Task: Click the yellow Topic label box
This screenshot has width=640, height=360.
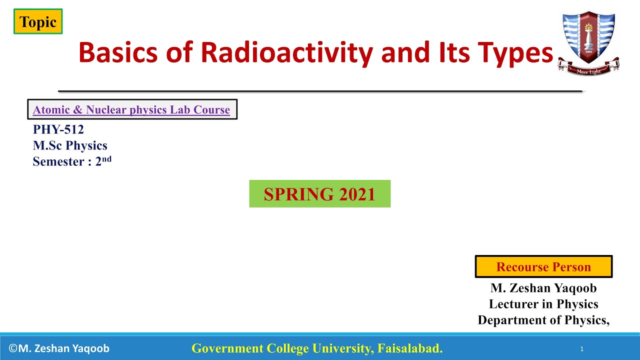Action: tap(38, 22)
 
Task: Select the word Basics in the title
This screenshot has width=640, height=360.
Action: tap(118, 52)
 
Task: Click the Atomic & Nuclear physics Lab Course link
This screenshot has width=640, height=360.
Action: tap(131, 110)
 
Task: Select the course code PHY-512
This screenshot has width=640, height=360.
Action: tap(58, 129)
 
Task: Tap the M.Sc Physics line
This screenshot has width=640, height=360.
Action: tap(70, 145)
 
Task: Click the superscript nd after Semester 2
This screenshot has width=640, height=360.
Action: tap(106, 159)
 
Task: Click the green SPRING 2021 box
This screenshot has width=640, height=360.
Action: tap(319, 194)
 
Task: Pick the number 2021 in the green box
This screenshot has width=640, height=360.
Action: tap(357, 194)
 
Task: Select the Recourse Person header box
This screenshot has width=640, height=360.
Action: tap(543, 267)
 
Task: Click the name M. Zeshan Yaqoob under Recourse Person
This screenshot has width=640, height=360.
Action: tap(543, 288)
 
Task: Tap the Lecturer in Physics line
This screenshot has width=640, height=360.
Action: tap(543, 304)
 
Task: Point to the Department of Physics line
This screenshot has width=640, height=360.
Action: tap(543, 320)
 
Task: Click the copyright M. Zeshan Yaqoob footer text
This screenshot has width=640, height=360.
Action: tap(59, 348)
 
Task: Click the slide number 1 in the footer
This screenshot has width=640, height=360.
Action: tap(582, 349)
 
